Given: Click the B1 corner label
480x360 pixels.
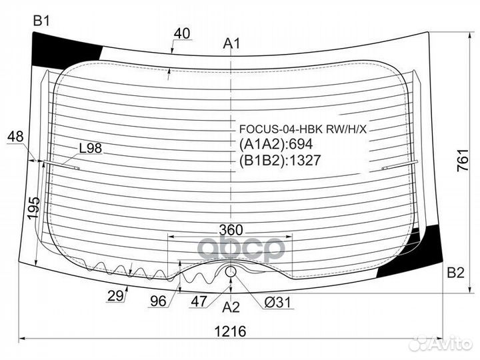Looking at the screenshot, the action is point(41,21).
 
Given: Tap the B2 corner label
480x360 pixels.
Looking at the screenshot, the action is point(456,272).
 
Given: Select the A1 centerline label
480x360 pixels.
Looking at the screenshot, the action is point(231,44).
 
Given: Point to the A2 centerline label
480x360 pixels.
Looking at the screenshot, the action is point(231,307).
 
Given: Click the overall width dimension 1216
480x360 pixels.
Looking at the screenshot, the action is point(230,331).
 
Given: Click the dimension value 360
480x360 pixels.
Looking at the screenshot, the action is point(231,230).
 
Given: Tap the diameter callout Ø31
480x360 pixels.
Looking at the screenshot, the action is point(277,303).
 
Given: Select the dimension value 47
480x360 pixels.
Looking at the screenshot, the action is point(199,301).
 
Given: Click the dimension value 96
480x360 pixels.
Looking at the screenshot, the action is point(158,301).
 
